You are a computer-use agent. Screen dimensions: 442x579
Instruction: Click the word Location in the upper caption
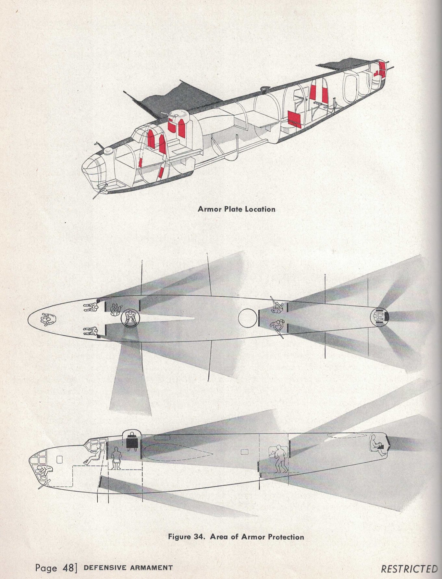click(260, 209)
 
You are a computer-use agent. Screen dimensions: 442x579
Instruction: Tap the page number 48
click(69, 568)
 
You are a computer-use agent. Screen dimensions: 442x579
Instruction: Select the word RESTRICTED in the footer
click(409, 569)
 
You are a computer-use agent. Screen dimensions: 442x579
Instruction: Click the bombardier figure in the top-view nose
click(47, 320)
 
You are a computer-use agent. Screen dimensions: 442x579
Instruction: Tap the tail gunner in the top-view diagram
click(380, 317)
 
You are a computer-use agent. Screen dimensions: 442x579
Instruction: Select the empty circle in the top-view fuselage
click(248, 318)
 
